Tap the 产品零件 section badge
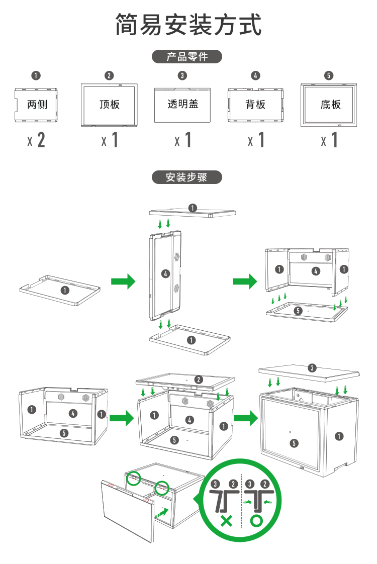tap(187, 57)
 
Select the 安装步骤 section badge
tap(186, 177)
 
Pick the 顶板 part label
tap(110, 105)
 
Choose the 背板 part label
tap(255, 105)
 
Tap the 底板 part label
tap(330, 105)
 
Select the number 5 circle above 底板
tap(329, 75)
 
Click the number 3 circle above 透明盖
tap(182, 75)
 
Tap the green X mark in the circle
tap(227, 520)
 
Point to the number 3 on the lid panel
tap(312, 368)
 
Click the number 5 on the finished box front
tap(294, 443)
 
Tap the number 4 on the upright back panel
tap(165, 273)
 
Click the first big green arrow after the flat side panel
tap(123, 281)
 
